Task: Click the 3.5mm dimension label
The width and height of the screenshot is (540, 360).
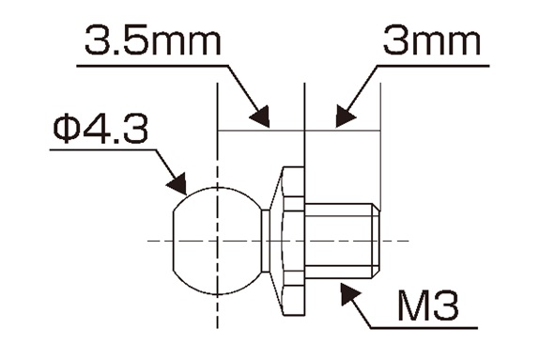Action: pyautogui.click(x=152, y=41)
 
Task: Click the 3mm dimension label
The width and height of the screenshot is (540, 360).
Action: pyautogui.click(x=432, y=41)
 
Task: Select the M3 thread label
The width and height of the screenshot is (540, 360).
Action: pyautogui.click(x=428, y=305)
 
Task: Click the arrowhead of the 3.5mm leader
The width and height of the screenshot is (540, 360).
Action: pyautogui.click(x=260, y=117)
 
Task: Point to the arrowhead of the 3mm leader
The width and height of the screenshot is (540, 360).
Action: pyautogui.click(x=345, y=116)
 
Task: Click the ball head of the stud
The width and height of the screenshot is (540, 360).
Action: pyautogui.click(x=217, y=241)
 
